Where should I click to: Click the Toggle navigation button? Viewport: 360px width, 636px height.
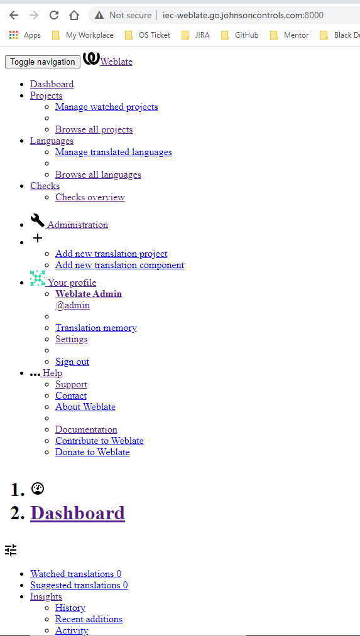click(43, 62)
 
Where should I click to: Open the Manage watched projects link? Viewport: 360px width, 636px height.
click(106, 107)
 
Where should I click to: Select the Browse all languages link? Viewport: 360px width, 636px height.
click(98, 175)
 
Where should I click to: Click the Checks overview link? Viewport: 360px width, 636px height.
click(90, 198)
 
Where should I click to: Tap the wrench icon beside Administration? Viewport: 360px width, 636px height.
click(37, 221)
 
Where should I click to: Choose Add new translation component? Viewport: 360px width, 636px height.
click(120, 266)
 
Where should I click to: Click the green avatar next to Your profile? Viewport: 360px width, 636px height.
click(37, 279)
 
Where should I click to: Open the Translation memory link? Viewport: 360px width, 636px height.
click(95, 328)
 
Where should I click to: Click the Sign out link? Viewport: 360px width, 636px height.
click(72, 362)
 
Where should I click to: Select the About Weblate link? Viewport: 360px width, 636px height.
click(85, 407)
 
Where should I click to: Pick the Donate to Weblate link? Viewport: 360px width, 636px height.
click(92, 452)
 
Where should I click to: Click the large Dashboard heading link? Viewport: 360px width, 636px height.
click(77, 513)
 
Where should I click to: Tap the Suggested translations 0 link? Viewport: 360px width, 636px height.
click(79, 585)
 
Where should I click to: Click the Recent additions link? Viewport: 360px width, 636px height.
click(89, 620)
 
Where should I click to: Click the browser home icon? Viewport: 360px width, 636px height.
click(74, 16)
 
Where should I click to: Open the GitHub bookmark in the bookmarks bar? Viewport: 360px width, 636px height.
click(240, 35)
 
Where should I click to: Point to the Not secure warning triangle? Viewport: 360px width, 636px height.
click(99, 16)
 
